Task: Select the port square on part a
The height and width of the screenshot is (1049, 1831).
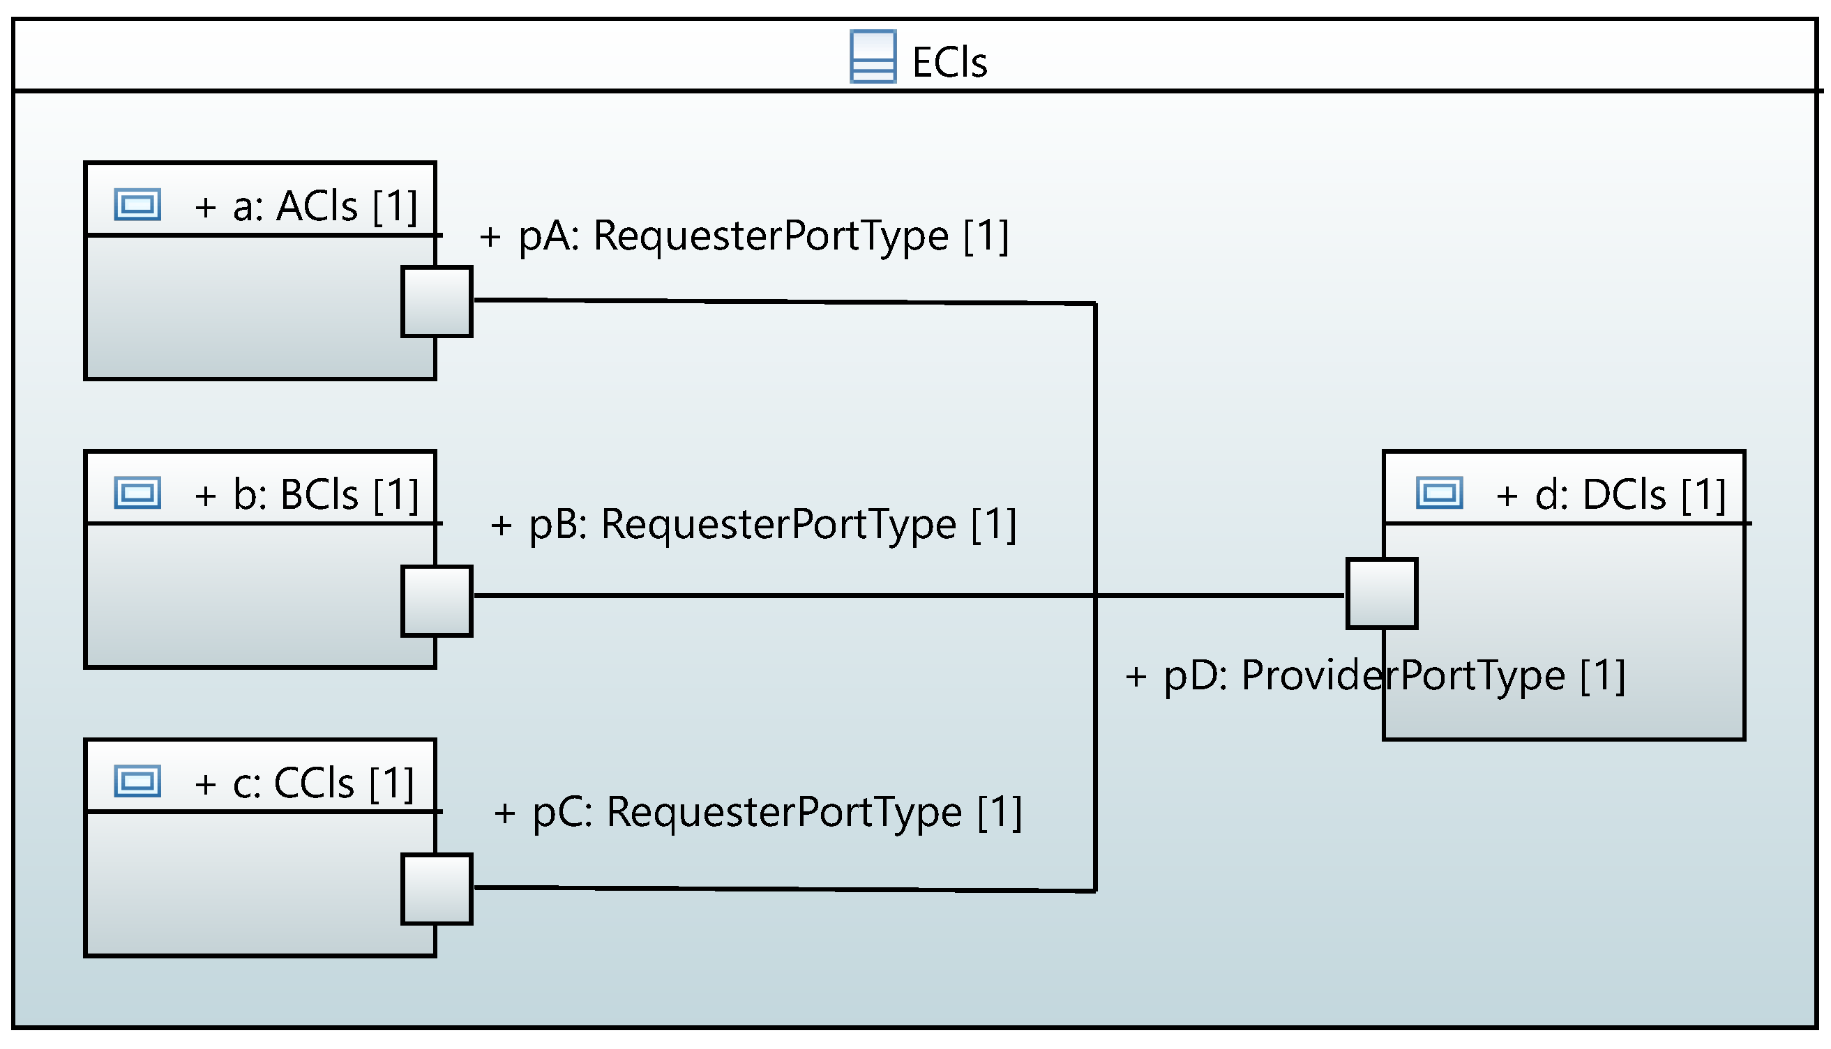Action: tap(436, 301)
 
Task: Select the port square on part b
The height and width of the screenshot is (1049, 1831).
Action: tap(436, 601)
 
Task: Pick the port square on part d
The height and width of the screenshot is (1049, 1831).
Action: tap(1380, 593)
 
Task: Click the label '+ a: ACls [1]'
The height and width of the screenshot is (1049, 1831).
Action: tap(306, 206)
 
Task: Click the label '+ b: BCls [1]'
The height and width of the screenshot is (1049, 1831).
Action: tap(306, 494)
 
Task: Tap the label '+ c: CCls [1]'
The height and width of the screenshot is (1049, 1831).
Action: tap(304, 783)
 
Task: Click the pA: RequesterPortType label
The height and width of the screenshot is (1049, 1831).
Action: tap(744, 236)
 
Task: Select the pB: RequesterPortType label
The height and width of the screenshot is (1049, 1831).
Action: tap(753, 523)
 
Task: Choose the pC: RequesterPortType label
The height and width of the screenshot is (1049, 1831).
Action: tap(758, 812)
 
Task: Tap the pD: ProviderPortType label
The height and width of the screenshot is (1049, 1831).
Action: tap(1375, 676)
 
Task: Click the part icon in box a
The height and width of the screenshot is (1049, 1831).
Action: tap(137, 205)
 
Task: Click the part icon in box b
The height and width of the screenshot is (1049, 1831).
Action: tap(137, 493)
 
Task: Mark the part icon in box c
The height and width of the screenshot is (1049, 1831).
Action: tap(137, 781)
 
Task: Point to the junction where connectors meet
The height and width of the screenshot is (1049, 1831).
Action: tap(1095, 595)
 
